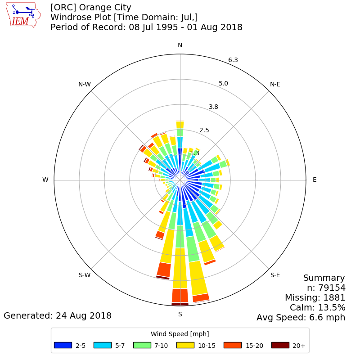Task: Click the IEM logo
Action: [23, 15]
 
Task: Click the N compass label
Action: [180, 45]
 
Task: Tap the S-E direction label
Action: [275, 275]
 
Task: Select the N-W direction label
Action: [85, 84]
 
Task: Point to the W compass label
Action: [45, 180]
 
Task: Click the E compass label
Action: [315, 180]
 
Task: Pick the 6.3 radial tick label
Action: [233, 60]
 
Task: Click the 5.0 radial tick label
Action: [223, 83]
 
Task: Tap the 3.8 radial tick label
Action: [213, 107]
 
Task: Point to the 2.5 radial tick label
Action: [204, 130]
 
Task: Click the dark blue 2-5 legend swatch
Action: [63, 345]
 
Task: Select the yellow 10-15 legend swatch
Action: [185, 345]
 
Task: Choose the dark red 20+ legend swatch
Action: [280, 345]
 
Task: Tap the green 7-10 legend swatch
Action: [142, 345]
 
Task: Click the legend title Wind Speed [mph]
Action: [180, 334]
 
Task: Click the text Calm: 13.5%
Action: [318, 307]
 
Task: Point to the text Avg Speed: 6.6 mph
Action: [301, 318]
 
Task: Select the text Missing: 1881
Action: [315, 297]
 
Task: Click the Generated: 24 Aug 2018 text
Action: [58, 316]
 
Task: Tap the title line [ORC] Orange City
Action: [91, 8]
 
